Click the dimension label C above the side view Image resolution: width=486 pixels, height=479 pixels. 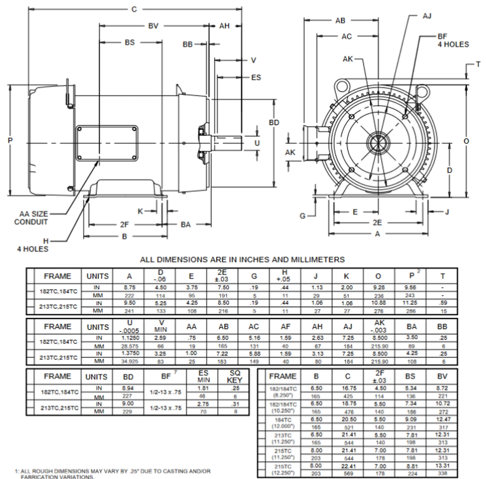point(134,9)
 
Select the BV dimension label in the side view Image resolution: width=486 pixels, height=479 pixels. point(153,26)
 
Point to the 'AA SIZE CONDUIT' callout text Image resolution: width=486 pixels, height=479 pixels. point(31,218)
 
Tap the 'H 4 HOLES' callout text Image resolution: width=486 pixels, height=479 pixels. point(33,245)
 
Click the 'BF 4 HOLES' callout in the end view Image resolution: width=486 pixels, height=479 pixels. point(453,41)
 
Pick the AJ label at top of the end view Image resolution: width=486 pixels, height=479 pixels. point(427,16)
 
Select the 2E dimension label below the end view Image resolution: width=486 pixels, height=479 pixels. point(377,223)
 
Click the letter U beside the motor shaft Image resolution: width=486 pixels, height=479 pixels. point(257,143)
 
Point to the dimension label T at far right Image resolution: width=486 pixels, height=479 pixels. point(478,64)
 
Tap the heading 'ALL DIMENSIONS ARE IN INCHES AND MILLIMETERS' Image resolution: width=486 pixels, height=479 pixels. point(242,260)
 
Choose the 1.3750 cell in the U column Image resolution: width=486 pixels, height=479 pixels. point(129,353)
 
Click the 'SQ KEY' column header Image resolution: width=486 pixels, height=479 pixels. point(234,377)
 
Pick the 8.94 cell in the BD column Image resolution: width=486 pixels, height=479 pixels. point(128,388)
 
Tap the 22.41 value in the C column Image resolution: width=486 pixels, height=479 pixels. point(348,466)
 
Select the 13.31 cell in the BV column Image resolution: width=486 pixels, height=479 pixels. point(442,466)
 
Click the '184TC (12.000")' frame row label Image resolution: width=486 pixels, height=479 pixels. point(283,423)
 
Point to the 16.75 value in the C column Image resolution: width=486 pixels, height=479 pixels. point(348,388)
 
